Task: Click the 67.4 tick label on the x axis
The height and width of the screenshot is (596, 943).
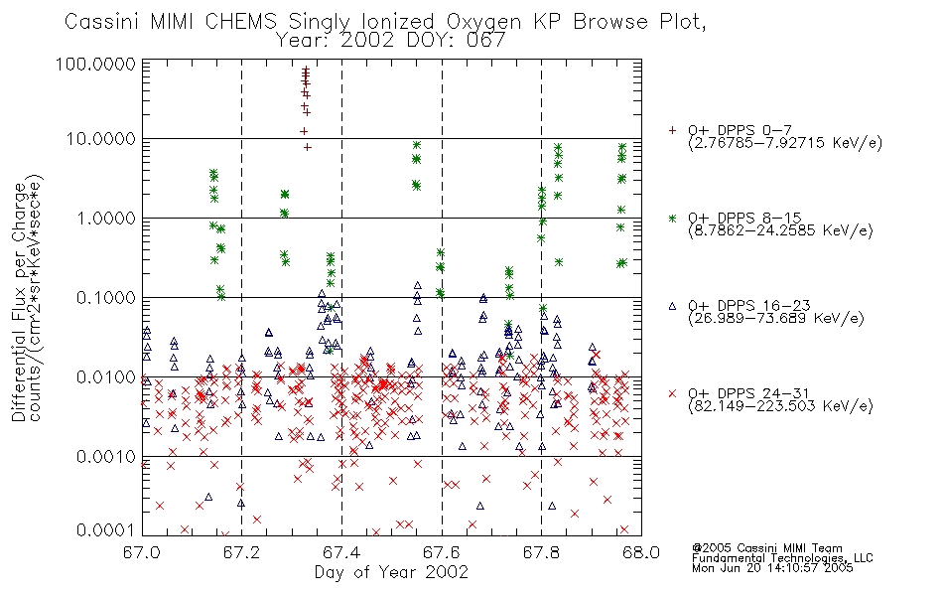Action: [x=341, y=552]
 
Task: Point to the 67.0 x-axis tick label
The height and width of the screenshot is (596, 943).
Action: [x=142, y=552]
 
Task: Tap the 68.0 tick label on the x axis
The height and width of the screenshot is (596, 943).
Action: [x=641, y=552]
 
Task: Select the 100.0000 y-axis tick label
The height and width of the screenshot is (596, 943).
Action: [x=95, y=64]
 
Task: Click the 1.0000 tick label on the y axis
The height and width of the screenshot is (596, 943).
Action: [x=106, y=218]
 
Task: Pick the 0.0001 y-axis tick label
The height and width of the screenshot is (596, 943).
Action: [x=106, y=529]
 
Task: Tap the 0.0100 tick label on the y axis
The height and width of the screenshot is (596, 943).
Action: [x=106, y=377]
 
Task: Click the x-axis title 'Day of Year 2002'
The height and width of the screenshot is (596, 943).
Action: [x=391, y=572]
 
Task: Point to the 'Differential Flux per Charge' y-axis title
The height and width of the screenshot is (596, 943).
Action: [x=20, y=302]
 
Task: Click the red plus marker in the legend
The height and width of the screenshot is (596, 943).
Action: [x=672, y=130]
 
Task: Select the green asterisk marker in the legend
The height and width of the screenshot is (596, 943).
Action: [x=672, y=218]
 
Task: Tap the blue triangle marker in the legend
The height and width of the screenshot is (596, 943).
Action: [x=672, y=306]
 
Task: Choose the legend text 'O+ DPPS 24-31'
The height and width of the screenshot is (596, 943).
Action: [x=749, y=393]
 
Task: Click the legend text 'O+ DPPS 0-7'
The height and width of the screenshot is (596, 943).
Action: [x=741, y=130]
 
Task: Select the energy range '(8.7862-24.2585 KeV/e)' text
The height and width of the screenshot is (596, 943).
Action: [x=780, y=230]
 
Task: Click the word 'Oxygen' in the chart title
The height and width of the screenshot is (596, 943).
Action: [x=484, y=22]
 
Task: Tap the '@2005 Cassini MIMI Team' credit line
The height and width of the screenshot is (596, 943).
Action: [x=766, y=548]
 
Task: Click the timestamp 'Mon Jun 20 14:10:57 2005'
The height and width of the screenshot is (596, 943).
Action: [x=772, y=568]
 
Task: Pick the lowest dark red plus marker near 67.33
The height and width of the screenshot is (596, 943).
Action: [x=308, y=147]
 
